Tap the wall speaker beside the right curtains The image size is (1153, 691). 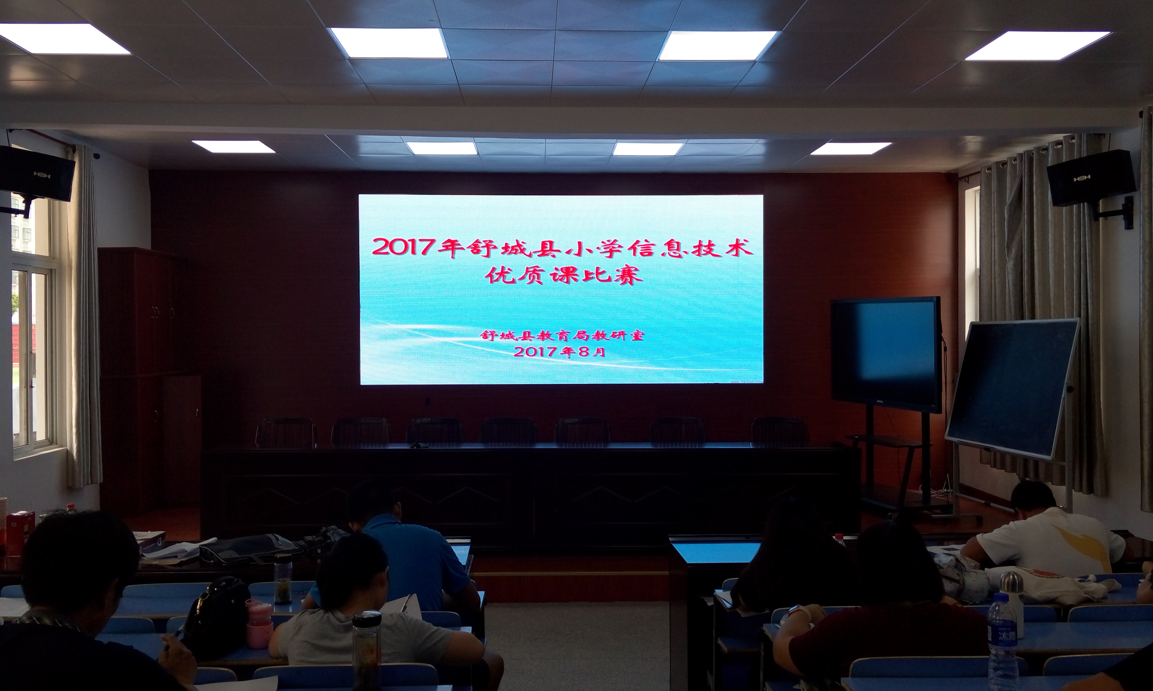tap(1090, 178)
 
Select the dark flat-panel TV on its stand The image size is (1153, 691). tap(886, 354)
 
